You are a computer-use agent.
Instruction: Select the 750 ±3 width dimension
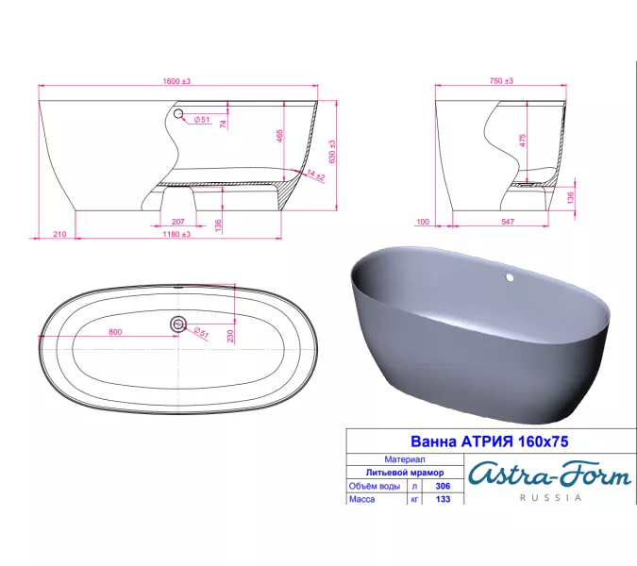[501, 82]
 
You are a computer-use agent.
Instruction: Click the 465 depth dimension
[279, 136]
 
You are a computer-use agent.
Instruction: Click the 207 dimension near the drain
[178, 221]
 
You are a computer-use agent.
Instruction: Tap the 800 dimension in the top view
[116, 331]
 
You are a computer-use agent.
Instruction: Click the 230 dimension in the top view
[231, 335]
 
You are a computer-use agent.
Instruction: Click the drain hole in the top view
[176, 324]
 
